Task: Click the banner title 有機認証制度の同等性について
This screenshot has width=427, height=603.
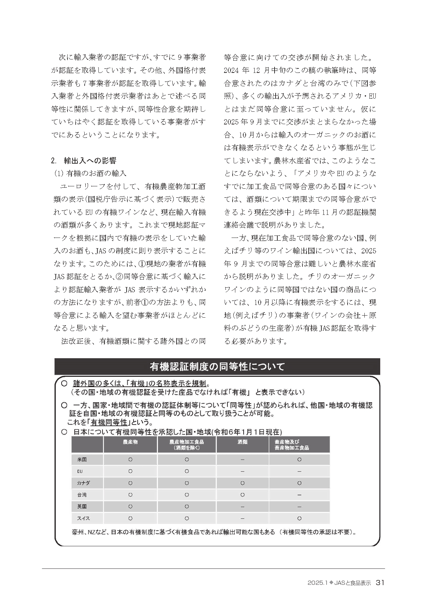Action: click(217, 366)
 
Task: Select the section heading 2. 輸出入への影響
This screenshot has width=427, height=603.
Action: click(83, 161)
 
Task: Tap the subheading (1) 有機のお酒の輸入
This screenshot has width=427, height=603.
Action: click(90, 173)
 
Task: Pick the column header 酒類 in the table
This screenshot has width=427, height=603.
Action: click(243, 442)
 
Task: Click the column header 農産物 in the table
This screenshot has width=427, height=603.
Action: click(130, 442)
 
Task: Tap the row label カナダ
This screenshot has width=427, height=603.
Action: click(83, 483)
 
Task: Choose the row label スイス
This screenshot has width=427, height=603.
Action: click(83, 518)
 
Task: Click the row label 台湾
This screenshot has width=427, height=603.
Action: click(82, 495)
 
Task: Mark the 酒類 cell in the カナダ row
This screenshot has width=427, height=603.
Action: click(243, 483)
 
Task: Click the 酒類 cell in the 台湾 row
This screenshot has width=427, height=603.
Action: click(243, 495)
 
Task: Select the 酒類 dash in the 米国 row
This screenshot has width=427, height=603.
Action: click(243, 460)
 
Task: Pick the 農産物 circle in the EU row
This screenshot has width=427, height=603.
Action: click(130, 471)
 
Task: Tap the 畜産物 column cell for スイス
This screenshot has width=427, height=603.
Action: click(299, 518)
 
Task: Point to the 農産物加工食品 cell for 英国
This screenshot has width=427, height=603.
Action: click(186, 506)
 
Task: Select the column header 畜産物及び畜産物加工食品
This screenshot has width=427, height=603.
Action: click(292, 445)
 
